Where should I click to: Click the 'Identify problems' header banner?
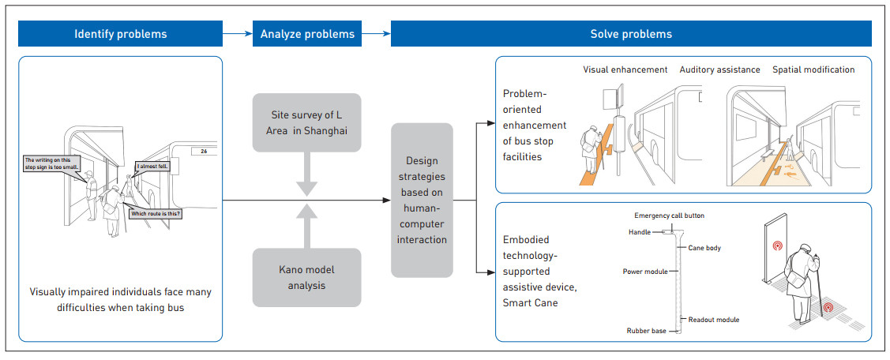pyautogui.click(x=121, y=34)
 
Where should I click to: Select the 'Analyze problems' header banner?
pyautogui.click(x=307, y=34)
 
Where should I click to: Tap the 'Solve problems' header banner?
pyautogui.click(x=631, y=34)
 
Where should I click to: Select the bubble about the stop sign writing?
pyautogui.click(x=52, y=163)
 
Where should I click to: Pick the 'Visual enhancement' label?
pyautogui.click(x=625, y=69)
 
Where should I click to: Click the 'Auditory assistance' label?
pyautogui.click(x=720, y=69)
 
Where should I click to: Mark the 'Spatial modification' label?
pyautogui.click(x=813, y=69)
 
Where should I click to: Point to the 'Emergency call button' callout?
pyautogui.click(x=670, y=216)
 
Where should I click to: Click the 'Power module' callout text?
pyautogui.click(x=645, y=272)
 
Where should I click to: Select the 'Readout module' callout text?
pyautogui.click(x=712, y=319)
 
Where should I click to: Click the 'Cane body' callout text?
pyautogui.click(x=704, y=248)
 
